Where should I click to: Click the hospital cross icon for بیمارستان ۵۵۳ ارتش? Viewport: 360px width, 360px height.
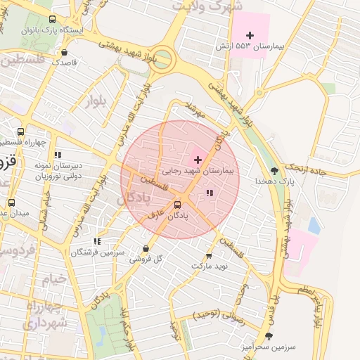pos(250,35)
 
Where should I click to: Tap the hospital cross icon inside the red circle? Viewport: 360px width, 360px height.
pos(197,160)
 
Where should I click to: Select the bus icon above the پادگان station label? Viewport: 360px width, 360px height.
pos(176,205)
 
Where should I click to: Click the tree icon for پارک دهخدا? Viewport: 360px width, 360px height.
pos(274,170)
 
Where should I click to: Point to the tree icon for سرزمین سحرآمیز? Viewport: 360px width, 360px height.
pos(268,336)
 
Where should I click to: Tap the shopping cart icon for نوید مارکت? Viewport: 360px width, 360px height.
pos(208,256)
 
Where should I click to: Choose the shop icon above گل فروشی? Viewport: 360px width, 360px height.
pos(146,248)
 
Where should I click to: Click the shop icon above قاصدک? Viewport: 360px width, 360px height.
pos(65,52)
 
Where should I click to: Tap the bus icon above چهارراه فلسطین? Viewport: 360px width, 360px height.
pos(21,131)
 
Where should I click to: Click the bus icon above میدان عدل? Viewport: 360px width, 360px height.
pos(11,202)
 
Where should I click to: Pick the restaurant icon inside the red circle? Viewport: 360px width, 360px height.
pos(209,192)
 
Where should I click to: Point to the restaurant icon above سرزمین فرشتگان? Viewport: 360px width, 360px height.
pos(96,240)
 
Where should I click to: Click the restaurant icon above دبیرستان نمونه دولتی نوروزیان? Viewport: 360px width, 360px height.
pos(58,154)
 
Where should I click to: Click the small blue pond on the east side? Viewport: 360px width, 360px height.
pos(314,226)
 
